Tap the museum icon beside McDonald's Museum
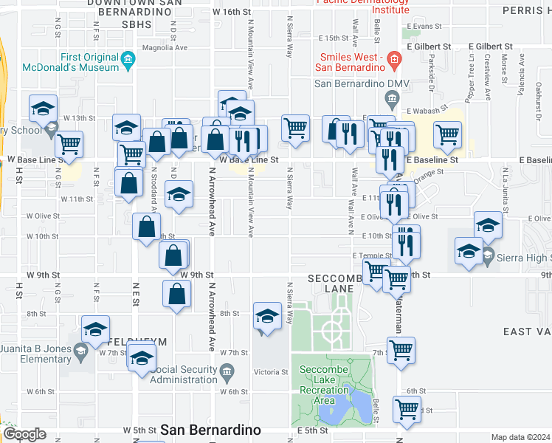point(129,58)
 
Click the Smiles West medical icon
point(394,58)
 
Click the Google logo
point(24,434)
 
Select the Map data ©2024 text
point(520,437)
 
